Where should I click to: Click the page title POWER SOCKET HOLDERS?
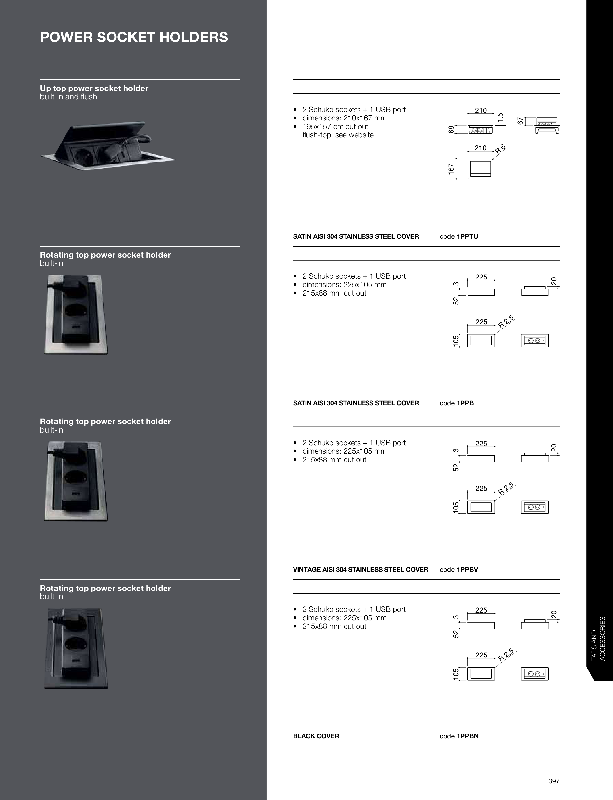point(134,37)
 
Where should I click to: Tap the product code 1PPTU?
point(467,236)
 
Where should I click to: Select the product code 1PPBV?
point(467,570)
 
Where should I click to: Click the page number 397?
point(554,781)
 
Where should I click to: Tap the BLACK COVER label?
point(316,736)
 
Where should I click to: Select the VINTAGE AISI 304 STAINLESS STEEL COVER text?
point(360,570)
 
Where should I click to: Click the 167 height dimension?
point(451,169)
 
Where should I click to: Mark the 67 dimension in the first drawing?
point(520,121)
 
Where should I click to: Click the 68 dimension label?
point(451,129)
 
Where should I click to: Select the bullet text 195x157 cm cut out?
point(335,127)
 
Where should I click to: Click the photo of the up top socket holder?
point(108,146)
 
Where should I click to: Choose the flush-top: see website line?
point(338,135)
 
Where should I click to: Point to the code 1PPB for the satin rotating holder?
point(465,403)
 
